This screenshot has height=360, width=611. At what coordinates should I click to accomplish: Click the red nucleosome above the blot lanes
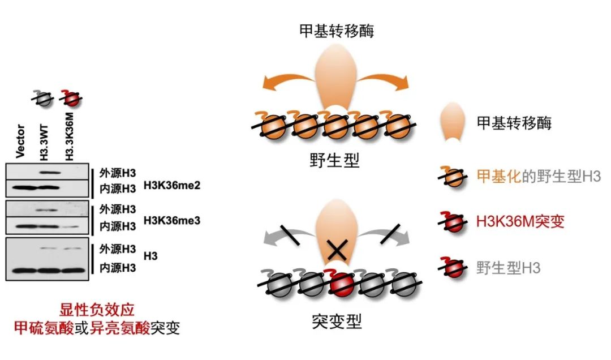click(x=71, y=99)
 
